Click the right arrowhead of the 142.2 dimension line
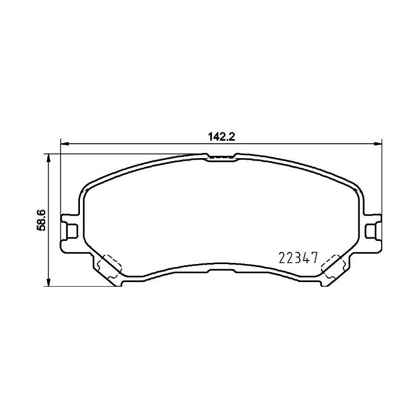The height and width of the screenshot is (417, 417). pos(379,143)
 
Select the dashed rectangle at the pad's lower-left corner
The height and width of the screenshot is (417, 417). pos(108,265)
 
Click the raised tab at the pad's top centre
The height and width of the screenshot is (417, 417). pos(221,157)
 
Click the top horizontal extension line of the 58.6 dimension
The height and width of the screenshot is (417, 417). pos(116,154)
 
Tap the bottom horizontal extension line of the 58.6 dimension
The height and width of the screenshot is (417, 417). pos(81,286)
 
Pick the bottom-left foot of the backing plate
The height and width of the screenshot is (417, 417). pos(118,282)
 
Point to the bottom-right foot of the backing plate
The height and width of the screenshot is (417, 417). pos(327,282)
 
